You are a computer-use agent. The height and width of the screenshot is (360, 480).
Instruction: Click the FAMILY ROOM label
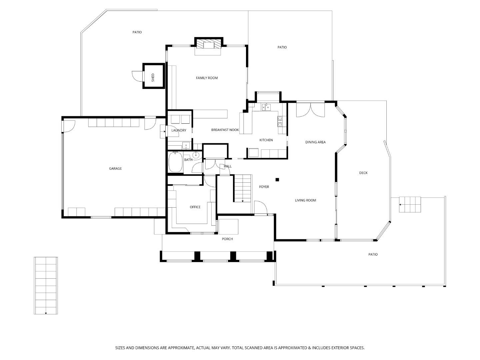207,78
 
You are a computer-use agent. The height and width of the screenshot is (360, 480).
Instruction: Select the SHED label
153,77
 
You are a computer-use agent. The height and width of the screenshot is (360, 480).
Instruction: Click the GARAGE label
115,169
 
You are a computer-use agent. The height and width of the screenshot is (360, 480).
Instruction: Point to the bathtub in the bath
175,162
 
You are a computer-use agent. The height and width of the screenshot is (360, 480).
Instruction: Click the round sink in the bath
196,155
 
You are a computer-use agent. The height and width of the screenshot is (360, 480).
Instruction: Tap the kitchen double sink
266,107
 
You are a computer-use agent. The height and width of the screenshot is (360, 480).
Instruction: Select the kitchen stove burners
280,121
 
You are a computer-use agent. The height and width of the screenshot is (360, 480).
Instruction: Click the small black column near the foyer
277,180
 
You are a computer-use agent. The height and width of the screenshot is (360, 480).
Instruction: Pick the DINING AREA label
315,142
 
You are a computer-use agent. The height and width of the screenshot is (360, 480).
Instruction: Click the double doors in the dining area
310,110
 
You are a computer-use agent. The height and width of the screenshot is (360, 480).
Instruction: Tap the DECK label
363,173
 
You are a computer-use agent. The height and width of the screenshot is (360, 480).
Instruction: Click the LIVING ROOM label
305,200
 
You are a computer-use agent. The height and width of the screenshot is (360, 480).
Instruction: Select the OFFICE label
195,207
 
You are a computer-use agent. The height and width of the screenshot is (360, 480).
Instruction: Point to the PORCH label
227,239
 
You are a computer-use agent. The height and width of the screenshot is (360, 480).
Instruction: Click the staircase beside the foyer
242,189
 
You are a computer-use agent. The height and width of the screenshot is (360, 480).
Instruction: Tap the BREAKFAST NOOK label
225,130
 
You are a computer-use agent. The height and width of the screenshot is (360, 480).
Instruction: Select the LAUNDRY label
179,130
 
